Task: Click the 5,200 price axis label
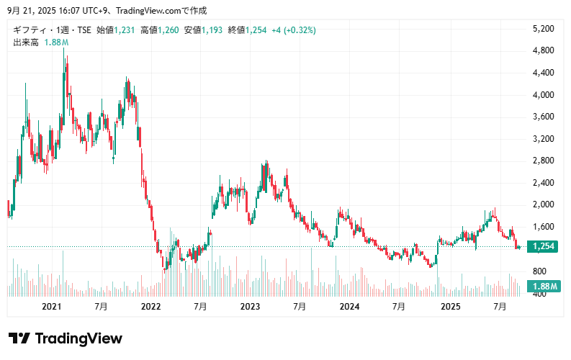tap(543, 29)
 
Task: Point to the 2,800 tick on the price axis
tap(543, 161)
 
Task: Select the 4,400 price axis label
tap(543, 73)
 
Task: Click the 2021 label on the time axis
tap(52, 307)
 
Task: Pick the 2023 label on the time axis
tap(250, 307)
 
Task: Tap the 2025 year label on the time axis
tap(450, 307)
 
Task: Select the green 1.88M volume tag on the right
tap(545, 287)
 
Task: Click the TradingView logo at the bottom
tap(66, 338)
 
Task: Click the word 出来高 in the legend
tap(26, 42)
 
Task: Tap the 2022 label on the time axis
tap(150, 307)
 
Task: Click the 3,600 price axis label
tap(543, 117)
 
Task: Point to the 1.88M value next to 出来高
tap(56, 42)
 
